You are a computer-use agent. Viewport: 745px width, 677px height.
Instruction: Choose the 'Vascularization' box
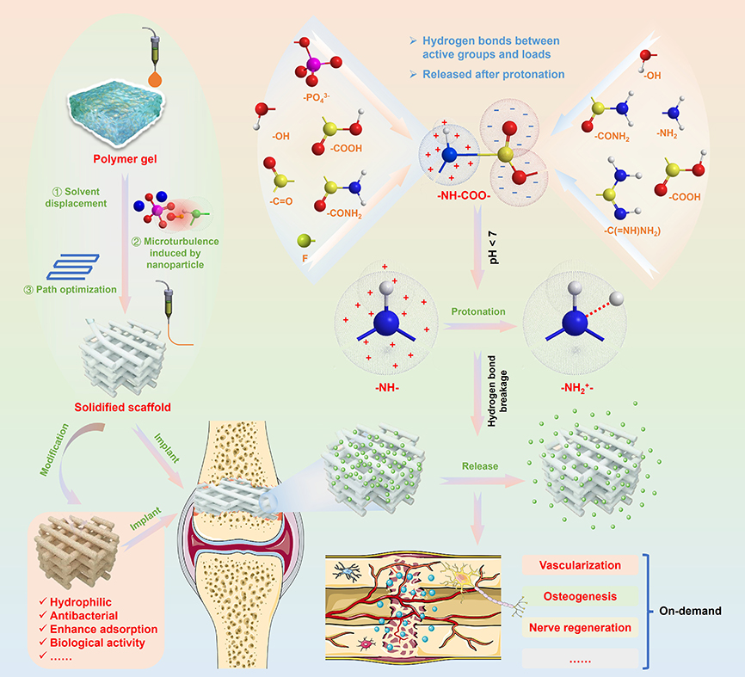579,565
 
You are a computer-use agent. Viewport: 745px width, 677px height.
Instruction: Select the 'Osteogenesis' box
579,596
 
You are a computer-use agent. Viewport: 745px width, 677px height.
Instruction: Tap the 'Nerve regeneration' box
579,627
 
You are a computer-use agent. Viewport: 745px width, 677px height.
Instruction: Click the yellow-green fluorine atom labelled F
303,242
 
